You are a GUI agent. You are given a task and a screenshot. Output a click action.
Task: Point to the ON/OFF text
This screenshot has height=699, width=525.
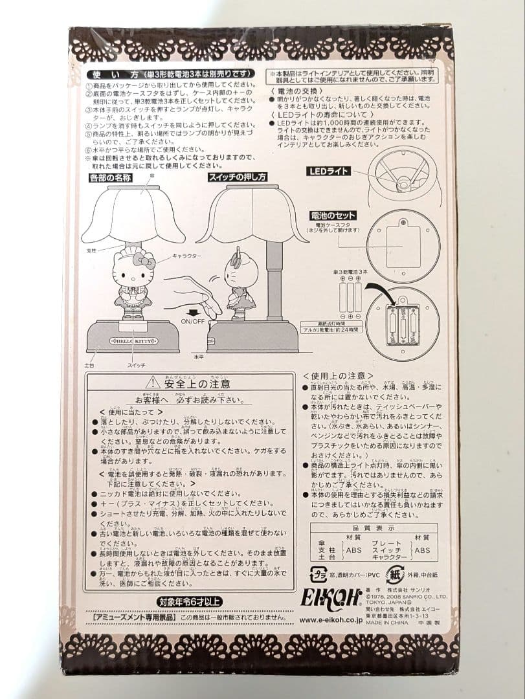(x=194, y=322)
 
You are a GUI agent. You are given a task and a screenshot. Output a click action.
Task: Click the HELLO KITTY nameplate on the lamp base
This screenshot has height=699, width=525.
(x=131, y=339)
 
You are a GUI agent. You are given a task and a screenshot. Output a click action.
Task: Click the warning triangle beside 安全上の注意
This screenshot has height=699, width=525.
(x=153, y=383)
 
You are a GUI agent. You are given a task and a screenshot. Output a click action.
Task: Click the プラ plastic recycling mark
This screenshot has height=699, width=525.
(x=317, y=573)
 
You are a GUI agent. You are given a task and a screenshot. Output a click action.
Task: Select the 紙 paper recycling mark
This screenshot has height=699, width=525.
(x=394, y=573)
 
